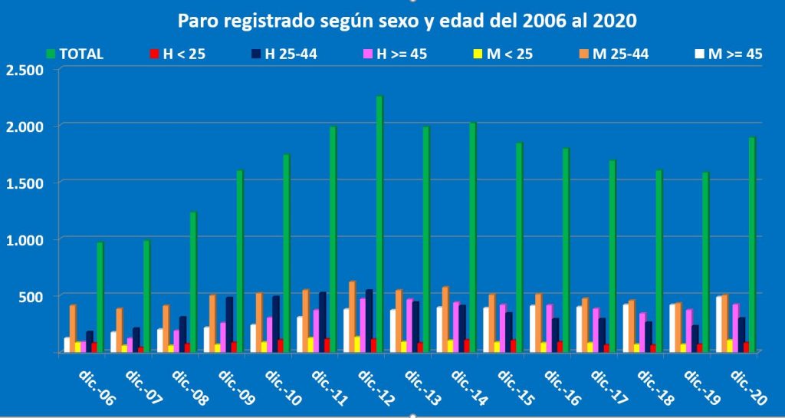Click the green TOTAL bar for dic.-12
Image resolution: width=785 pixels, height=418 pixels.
point(379,222)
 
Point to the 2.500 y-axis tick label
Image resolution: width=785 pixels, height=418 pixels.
point(25,70)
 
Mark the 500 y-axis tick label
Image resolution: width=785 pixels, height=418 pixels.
point(31,296)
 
